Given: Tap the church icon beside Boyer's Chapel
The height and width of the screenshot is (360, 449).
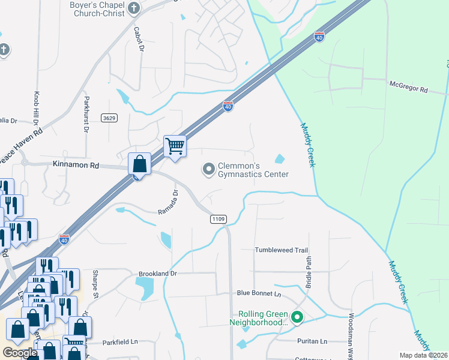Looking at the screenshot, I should pyautogui.click(x=134, y=8).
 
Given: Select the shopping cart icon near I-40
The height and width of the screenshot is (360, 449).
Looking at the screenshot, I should pyautogui.click(x=175, y=145).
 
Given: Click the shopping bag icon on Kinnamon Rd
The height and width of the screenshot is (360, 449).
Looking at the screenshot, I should pyautogui.click(x=139, y=163).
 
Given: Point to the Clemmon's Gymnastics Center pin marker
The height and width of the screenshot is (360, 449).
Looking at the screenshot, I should pyautogui.click(x=208, y=169).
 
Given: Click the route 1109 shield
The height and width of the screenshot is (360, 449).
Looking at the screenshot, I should pyautogui.click(x=218, y=220).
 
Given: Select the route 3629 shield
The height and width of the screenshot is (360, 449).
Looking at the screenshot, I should pyautogui.click(x=109, y=118).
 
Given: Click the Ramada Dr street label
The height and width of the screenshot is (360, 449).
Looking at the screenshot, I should pyautogui.click(x=169, y=203).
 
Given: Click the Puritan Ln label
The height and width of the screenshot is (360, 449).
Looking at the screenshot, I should pyautogui.click(x=312, y=341).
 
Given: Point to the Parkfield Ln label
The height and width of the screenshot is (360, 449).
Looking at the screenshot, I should pyautogui.click(x=119, y=342).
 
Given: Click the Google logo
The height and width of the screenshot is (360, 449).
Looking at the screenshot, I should pyautogui.click(x=20, y=353).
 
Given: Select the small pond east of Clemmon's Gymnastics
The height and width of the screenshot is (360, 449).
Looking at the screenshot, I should pyautogui.click(x=280, y=159).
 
